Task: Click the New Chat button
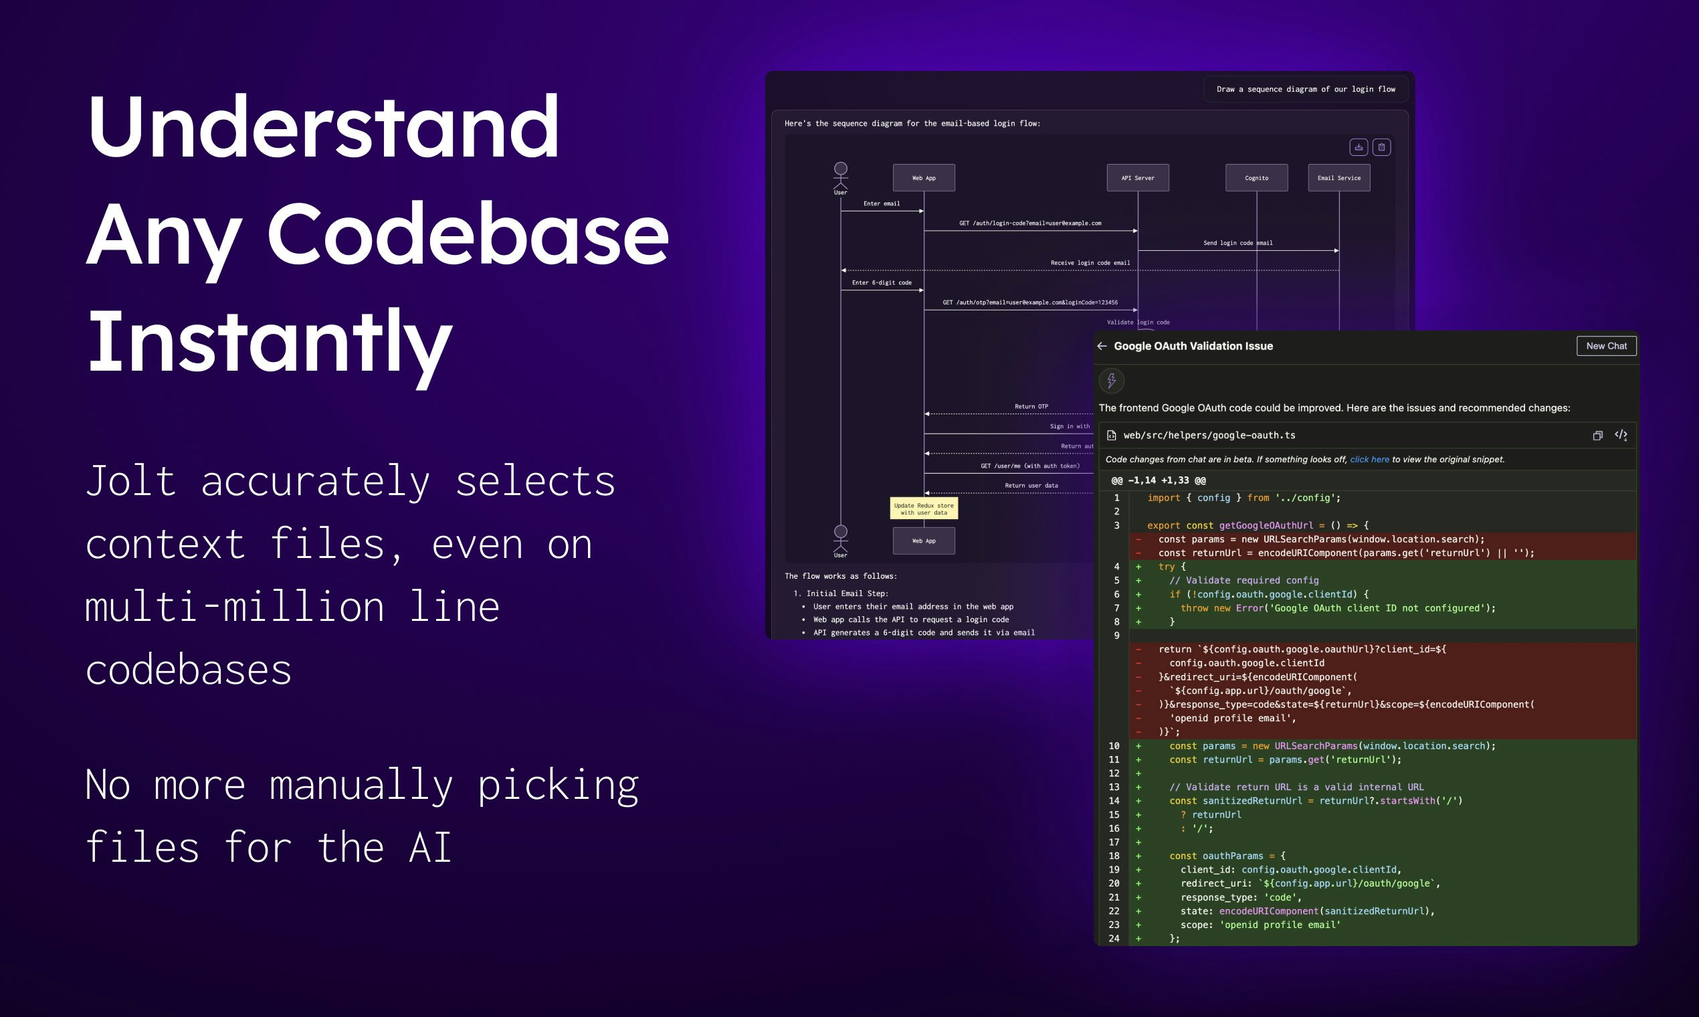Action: (x=1606, y=346)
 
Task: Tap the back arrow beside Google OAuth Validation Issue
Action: (x=1102, y=346)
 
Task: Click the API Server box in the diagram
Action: (x=1137, y=177)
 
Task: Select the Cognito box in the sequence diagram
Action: (x=1256, y=177)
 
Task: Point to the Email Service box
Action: (x=1338, y=177)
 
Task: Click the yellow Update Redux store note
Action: (x=924, y=509)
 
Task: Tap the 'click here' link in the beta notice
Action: (x=1369, y=459)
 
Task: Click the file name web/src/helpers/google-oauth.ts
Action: (x=1209, y=435)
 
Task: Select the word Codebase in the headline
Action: (x=467, y=234)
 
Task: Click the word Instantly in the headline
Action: (x=270, y=341)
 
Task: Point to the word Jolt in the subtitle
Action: (x=130, y=481)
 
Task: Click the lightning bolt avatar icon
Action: (x=1111, y=380)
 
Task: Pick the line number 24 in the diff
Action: (x=1114, y=938)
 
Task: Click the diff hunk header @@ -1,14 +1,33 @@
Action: (x=1158, y=480)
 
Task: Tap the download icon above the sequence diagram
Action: (x=1359, y=147)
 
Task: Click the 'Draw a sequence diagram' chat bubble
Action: (x=1305, y=89)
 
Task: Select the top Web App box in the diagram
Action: (x=924, y=177)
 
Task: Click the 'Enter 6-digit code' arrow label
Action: (x=881, y=282)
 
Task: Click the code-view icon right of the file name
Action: (x=1620, y=435)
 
